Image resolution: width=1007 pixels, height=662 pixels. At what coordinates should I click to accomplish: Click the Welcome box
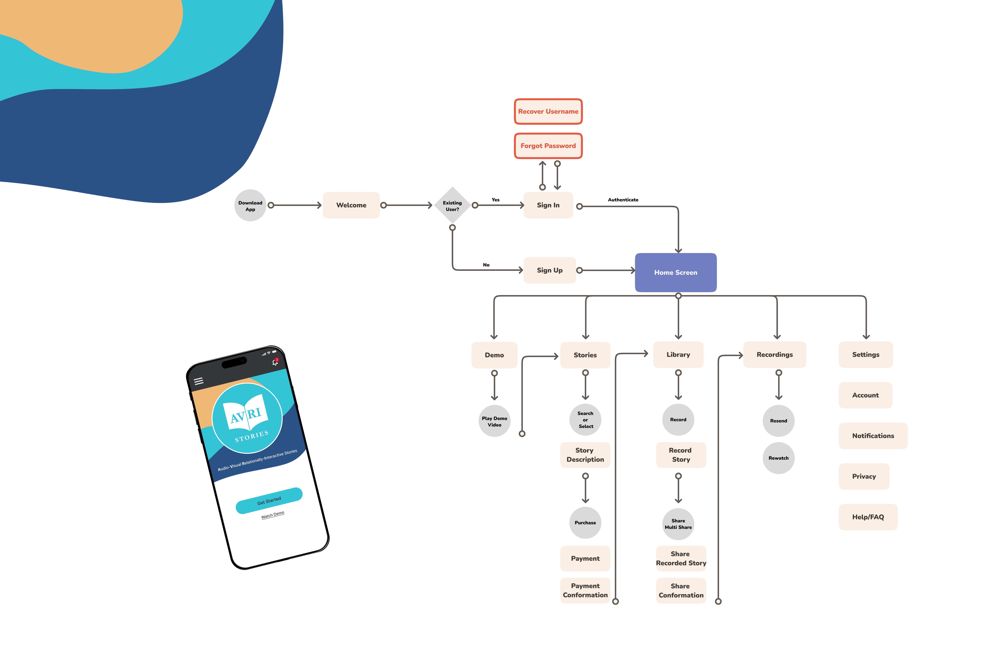pos(351,205)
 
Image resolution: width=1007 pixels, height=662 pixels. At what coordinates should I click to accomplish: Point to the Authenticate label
pos(623,200)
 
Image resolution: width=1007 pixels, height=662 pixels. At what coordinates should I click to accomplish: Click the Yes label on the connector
pos(495,200)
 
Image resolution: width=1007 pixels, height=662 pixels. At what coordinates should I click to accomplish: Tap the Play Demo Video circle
pos(494,422)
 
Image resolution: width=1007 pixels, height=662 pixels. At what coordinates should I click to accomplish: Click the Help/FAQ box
pos(868,517)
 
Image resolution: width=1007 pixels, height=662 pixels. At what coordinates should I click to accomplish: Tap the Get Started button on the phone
pos(269,501)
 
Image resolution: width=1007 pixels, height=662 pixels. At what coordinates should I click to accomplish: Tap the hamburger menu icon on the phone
pos(198,381)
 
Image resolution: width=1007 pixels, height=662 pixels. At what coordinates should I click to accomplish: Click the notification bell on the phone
pos(275,362)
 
